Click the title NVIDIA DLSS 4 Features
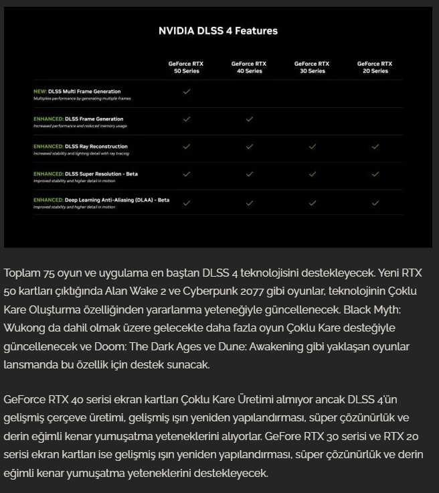pyautogui.click(x=218, y=31)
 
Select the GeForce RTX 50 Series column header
pyautogui.click(x=186, y=67)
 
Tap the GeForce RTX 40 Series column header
pyautogui.click(x=249, y=67)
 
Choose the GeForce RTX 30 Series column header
pyautogui.click(x=312, y=67)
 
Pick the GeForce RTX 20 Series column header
pyautogui.click(x=375, y=67)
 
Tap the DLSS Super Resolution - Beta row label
pyautogui.click(x=93, y=173)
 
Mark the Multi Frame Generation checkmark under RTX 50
pyautogui.click(x=186, y=92)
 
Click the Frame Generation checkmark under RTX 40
pyautogui.click(x=249, y=119)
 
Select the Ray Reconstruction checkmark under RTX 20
pyautogui.click(x=375, y=147)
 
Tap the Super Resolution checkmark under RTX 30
pyautogui.click(x=312, y=174)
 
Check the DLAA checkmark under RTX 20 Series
pyautogui.click(x=375, y=202)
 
